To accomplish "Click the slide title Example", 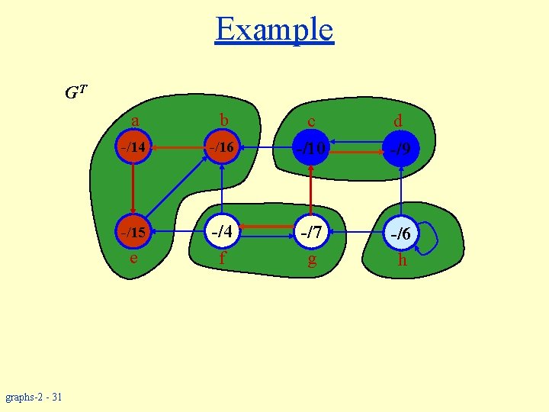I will click(x=274, y=30).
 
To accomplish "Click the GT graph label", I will click(x=75, y=94).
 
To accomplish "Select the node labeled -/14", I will click(x=133, y=146).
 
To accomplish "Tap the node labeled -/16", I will click(x=222, y=146).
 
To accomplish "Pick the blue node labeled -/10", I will click(x=311, y=147).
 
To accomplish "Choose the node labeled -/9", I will click(x=401, y=149).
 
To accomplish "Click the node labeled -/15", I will click(x=133, y=232).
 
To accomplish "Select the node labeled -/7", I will click(x=312, y=232).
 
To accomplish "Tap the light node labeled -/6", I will click(x=401, y=234).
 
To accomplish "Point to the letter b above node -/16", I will click(x=223, y=120).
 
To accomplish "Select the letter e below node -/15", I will click(x=133, y=258).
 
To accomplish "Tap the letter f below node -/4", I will click(x=222, y=258).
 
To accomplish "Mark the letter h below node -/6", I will click(x=402, y=260).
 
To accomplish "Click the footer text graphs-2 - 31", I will click(x=34, y=397).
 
